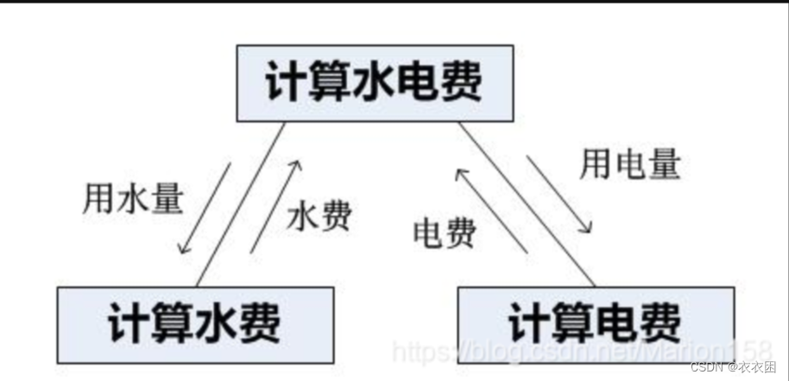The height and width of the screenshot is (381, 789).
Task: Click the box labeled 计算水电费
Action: pyautogui.click(x=375, y=83)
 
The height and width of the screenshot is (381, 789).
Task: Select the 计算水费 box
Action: pyautogui.click(x=195, y=325)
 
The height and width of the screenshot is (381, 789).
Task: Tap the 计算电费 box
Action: pyautogui.click(x=596, y=325)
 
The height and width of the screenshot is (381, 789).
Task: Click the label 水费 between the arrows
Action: pyautogui.click(x=319, y=218)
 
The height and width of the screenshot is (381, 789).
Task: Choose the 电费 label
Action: pyautogui.click(x=445, y=233)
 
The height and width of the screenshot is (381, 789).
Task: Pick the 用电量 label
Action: pyautogui.click(x=630, y=163)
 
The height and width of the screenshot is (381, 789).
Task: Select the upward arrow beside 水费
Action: pyautogui.click(x=275, y=206)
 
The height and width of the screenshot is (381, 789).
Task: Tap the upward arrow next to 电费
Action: pyautogui.click(x=492, y=211)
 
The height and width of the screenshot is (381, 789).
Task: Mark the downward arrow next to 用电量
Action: pyautogui.click(x=559, y=194)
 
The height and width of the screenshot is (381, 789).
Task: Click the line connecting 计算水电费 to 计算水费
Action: pyautogui.click(x=241, y=205)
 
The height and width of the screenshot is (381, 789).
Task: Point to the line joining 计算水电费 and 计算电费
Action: pyautogui.click(x=527, y=205)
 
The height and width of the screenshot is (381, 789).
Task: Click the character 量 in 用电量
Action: pyautogui.click(x=665, y=163)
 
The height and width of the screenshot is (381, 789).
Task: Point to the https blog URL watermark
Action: pyautogui.click(x=582, y=351)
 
